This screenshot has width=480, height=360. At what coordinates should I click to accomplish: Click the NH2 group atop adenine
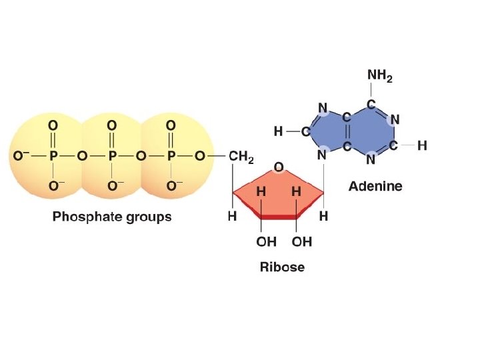380,76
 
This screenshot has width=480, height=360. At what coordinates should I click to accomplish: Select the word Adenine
375,186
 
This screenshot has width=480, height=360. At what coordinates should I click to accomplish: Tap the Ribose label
282,267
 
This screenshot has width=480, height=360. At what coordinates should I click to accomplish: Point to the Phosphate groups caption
112,217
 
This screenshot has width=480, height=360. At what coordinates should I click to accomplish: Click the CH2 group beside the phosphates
241,157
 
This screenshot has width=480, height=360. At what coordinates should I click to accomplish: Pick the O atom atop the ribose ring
279,165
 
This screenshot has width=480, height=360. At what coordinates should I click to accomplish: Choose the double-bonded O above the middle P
112,125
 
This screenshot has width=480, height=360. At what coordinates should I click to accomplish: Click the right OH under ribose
301,241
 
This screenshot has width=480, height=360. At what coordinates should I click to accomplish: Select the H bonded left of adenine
278,132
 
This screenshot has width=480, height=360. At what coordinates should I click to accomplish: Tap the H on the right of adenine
422,145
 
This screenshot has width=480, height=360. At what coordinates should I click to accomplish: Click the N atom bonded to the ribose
323,155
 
